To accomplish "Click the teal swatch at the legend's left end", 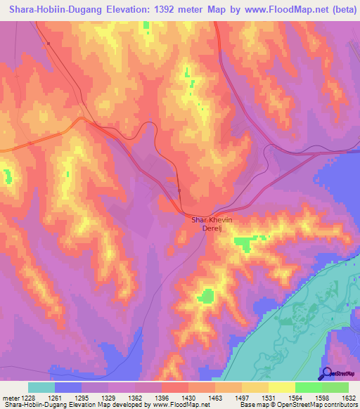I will point(41,387).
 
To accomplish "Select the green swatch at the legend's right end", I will point(335,387).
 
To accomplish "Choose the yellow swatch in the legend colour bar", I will point(281,387).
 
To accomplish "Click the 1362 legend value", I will point(135,398).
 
